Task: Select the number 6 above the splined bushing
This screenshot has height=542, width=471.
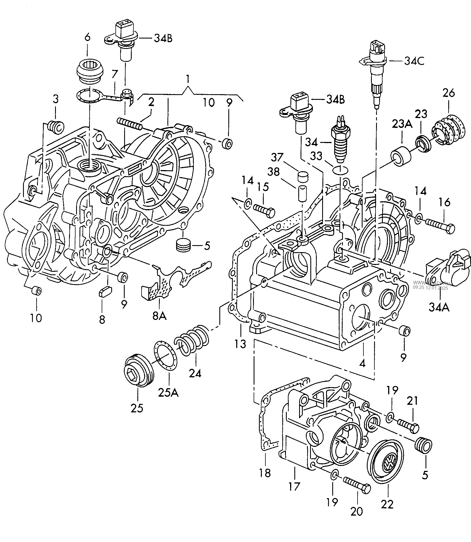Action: (x=88, y=37)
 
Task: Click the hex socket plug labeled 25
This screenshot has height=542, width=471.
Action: (x=139, y=372)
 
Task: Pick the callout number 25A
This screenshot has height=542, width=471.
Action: (x=168, y=392)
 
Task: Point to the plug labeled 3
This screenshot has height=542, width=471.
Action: (x=56, y=127)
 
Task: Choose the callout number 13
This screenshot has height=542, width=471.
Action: (x=241, y=344)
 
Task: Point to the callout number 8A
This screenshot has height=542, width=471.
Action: (x=159, y=316)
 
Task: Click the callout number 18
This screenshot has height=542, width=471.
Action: (x=265, y=473)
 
